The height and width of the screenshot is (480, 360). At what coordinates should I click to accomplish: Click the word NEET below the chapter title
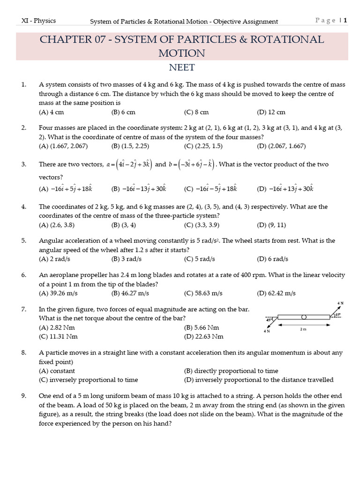point(181,67)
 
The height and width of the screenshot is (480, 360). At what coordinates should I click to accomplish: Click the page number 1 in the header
point(345,20)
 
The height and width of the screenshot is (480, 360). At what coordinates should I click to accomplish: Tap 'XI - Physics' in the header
point(39,21)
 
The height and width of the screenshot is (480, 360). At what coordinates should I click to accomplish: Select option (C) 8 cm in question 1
point(196,112)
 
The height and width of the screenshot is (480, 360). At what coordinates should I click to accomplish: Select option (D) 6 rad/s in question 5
point(272,259)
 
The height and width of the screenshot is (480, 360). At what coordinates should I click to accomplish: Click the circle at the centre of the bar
point(304,317)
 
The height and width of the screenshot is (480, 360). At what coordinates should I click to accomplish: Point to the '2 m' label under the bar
point(303,329)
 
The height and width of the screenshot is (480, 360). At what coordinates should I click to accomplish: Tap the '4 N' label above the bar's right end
point(341,304)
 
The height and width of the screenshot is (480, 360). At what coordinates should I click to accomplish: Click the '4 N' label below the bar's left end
point(267,331)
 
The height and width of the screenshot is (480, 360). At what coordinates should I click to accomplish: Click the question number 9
point(23,396)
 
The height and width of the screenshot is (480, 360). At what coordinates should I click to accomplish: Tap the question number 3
point(23,165)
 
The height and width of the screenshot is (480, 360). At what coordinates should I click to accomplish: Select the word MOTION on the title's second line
point(181,53)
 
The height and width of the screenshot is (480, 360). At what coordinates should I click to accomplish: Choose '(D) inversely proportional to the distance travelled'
point(259,380)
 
